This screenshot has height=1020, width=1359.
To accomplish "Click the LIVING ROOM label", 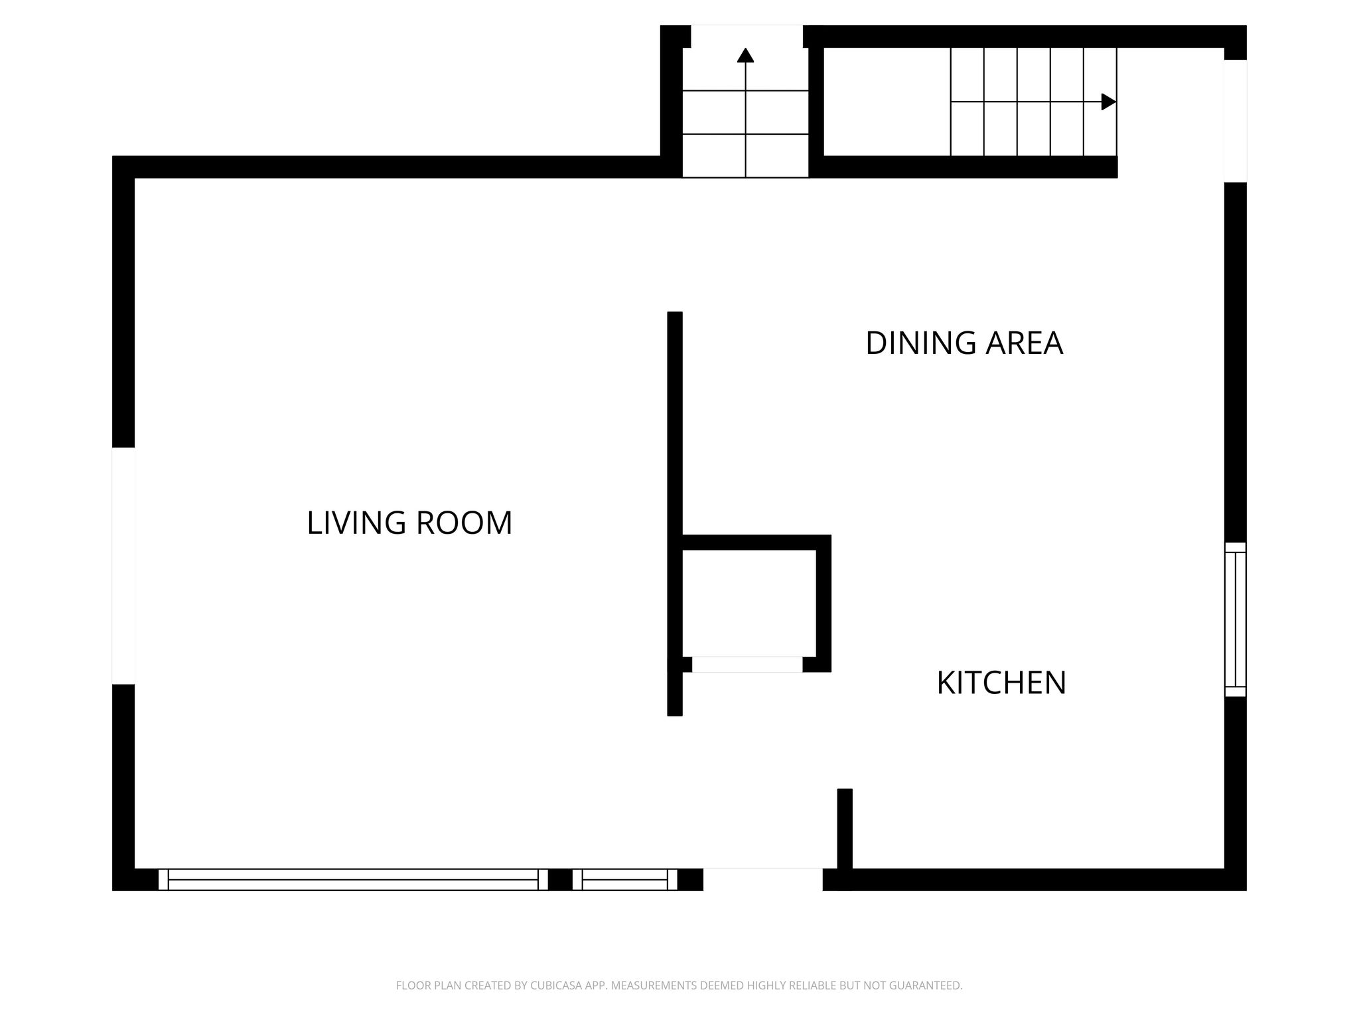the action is click(x=409, y=523).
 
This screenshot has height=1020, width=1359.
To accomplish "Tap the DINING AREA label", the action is click(x=964, y=343).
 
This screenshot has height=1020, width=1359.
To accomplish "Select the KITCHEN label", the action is click(x=1001, y=683).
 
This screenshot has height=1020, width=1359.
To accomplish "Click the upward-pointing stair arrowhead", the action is click(x=746, y=55).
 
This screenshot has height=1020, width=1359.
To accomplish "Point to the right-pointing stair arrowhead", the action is click(x=1109, y=102).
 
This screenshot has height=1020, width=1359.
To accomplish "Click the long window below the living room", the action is click(x=353, y=879).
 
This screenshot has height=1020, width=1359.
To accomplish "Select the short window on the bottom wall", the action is click(x=624, y=879).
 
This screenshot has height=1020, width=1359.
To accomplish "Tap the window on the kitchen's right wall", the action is click(x=1236, y=620).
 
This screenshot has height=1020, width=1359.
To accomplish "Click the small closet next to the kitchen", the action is click(x=749, y=603).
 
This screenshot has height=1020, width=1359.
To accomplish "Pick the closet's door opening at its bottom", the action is click(x=747, y=664).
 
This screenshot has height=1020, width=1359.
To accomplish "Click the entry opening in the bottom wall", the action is click(x=763, y=879).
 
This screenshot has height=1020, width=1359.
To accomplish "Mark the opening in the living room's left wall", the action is click(x=123, y=566).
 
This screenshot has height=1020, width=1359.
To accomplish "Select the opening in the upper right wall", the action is click(x=1236, y=121).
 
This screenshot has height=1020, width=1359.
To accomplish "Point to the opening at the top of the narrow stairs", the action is click(x=747, y=37).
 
